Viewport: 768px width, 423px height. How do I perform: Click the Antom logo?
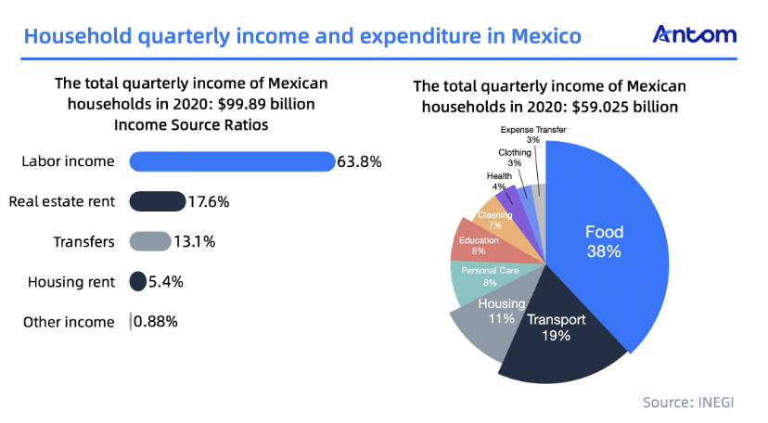(x=695, y=34)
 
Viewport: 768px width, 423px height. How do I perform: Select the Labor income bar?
(x=231, y=161)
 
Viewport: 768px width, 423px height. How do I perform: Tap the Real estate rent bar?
(x=157, y=201)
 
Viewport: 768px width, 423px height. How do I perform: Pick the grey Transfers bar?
(x=149, y=241)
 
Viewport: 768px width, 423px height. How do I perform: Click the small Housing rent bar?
(x=138, y=281)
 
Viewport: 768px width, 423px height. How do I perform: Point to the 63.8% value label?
(x=360, y=161)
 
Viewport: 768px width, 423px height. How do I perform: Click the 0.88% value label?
(x=156, y=322)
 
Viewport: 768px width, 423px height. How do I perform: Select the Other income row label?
(x=69, y=322)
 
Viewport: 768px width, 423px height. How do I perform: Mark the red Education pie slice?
(x=480, y=243)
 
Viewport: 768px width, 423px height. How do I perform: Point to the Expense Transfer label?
(x=533, y=130)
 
